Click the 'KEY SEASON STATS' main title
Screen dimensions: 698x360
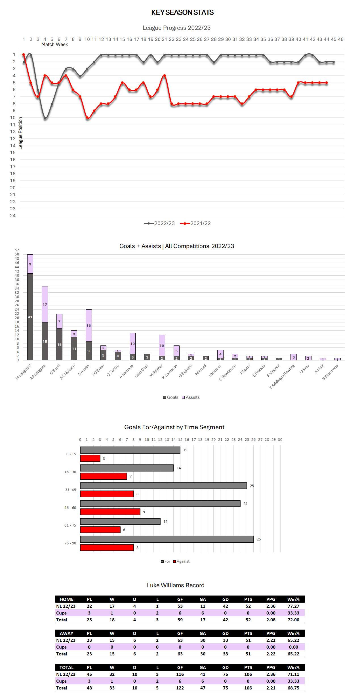click(x=182, y=12)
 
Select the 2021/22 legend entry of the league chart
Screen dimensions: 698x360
click(x=195, y=223)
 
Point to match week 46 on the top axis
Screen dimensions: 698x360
click(x=340, y=39)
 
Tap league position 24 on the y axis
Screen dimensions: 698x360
click(x=13, y=216)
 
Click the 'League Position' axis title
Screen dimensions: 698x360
click(x=20, y=133)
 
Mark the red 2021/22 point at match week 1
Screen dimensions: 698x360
click(x=24, y=55)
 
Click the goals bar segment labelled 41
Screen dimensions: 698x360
click(x=30, y=317)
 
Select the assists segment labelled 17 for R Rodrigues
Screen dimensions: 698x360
click(x=45, y=304)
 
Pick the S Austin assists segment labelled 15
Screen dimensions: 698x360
click(x=89, y=325)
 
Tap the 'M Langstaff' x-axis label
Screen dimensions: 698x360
click(x=23, y=372)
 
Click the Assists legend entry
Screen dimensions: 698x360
click(x=191, y=397)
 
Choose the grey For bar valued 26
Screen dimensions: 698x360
click(x=167, y=539)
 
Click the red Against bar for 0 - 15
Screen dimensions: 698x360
click(x=90, y=458)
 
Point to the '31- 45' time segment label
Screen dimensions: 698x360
click(x=71, y=490)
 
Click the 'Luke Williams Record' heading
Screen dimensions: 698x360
click(x=176, y=585)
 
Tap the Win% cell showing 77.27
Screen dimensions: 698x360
click(x=293, y=606)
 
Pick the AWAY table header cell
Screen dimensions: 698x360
click(x=67, y=633)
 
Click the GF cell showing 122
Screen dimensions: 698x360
click(x=180, y=688)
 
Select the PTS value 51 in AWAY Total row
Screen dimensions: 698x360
click(x=248, y=654)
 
